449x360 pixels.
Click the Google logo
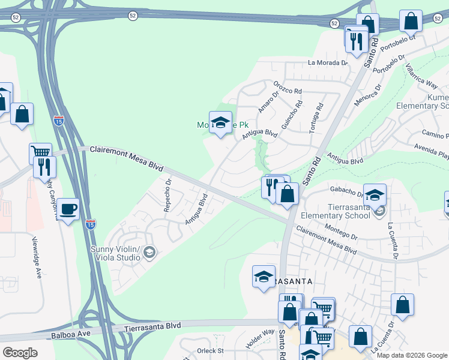20,353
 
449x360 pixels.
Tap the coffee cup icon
68,209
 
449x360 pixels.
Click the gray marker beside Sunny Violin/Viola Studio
149,253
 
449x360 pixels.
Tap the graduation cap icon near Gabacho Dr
375,195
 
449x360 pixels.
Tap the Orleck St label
210,350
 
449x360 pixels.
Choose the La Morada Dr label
328,62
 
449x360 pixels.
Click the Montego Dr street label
340,230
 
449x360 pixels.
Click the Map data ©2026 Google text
412,355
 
